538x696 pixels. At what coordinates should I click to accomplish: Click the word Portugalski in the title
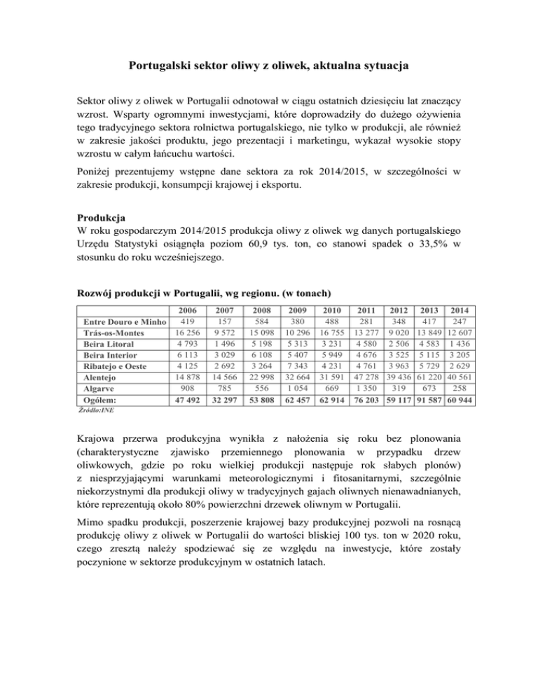(x=163, y=67)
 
